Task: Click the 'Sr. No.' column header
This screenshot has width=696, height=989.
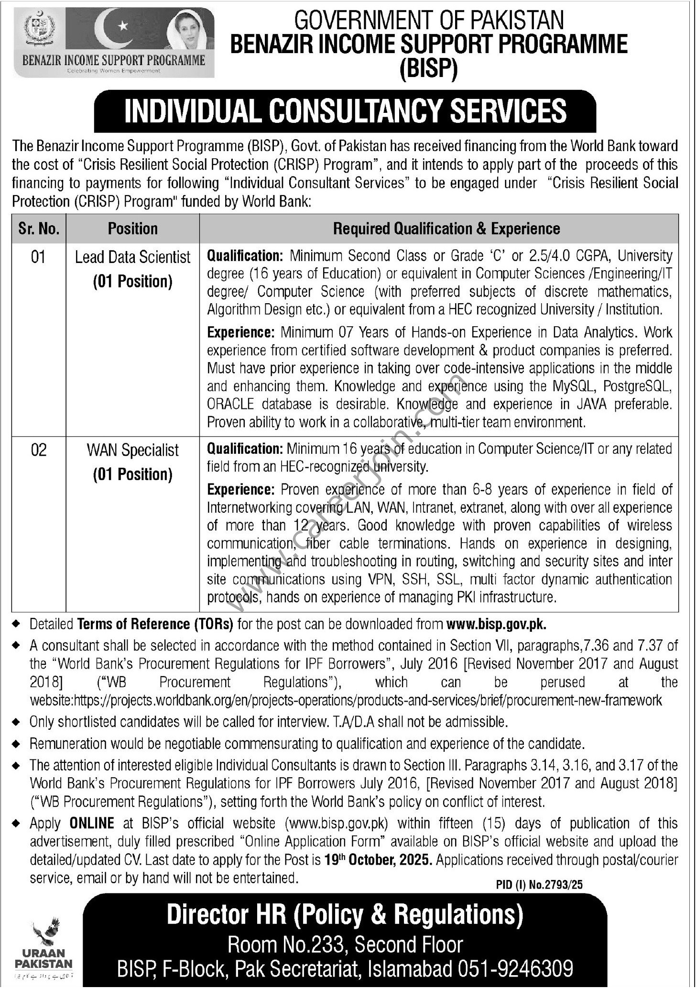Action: coord(39,229)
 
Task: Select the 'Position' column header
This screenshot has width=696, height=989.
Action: coord(132,229)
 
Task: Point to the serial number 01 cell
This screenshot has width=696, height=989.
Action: coord(38,257)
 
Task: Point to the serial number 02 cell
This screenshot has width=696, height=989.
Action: coord(38,450)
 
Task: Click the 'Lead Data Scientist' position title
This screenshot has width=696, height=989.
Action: coord(132,257)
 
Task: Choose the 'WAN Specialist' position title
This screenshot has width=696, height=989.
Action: coord(132,450)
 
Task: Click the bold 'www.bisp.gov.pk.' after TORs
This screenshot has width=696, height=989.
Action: coord(496,624)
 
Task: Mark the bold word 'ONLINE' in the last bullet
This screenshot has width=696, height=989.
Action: coord(92,823)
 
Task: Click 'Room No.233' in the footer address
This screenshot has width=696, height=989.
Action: coord(285,945)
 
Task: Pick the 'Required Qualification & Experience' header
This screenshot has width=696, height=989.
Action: coord(446,229)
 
